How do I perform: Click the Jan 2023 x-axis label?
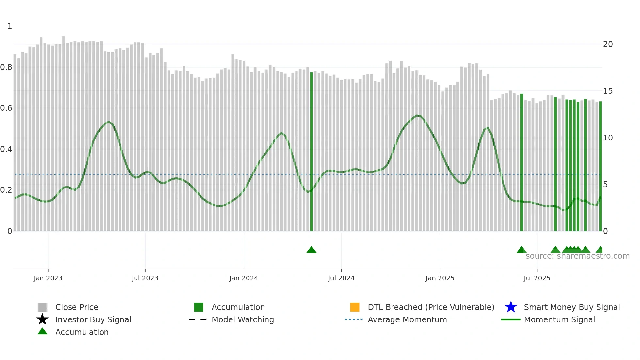tap(48, 278)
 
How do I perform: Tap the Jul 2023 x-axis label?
tap(145, 278)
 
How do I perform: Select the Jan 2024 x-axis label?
tap(244, 278)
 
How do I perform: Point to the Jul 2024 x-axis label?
tap(341, 278)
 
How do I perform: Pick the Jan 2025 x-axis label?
tap(440, 278)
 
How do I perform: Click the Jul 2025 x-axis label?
tap(537, 278)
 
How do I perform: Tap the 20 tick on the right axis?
tap(608, 44)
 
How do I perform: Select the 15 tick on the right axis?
tap(608, 91)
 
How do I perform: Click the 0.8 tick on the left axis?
tap(6, 67)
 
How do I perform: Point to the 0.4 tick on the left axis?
tap(6, 149)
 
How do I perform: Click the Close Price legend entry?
tap(77, 307)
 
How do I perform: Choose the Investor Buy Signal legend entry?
tap(93, 319)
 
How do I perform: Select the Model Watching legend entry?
tap(243, 319)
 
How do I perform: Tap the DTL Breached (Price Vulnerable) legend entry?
tap(431, 307)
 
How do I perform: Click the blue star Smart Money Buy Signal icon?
tap(511, 307)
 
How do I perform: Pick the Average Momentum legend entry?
tap(407, 319)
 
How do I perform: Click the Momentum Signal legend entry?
tap(559, 319)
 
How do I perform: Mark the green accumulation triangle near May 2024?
tap(312, 250)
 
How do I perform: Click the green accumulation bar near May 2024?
tap(312, 150)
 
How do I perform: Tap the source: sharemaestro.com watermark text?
tap(577, 256)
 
